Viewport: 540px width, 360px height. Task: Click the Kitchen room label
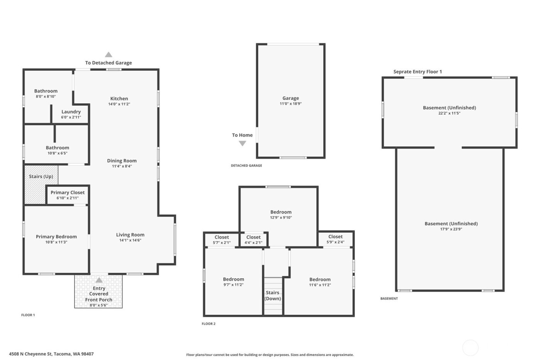click(x=119, y=99)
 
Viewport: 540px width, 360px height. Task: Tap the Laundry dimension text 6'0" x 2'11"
click(x=71, y=117)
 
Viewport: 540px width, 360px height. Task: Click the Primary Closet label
click(x=67, y=193)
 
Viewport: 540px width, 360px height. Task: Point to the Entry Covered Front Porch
click(x=99, y=294)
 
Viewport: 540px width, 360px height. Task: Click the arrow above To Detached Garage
click(x=109, y=55)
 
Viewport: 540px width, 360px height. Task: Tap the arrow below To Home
click(x=242, y=144)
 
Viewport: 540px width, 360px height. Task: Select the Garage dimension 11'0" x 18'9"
click(x=290, y=104)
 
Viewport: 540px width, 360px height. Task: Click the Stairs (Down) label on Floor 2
click(x=272, y=296)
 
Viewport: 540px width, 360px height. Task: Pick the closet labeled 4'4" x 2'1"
click(x=253, y=240)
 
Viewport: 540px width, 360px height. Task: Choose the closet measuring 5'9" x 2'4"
click(x=335, y=239)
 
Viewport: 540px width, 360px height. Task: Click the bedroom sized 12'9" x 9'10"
click(x=281, y=215)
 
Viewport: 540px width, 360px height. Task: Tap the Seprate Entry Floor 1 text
click(x=417, y=72)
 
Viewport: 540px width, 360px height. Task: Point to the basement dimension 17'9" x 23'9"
click(x=451, y=229)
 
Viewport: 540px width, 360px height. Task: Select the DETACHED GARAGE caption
click(x=246, y=166)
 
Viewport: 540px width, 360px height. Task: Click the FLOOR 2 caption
click(x=209, y=324)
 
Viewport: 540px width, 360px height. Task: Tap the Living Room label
click(x=130, y=235)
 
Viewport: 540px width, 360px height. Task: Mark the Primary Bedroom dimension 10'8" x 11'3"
click(x=56, y=242)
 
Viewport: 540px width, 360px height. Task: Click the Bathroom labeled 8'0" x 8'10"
click(x=46, y=93)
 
